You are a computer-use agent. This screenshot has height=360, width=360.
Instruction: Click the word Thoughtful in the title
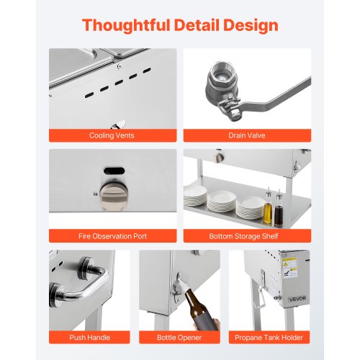126,25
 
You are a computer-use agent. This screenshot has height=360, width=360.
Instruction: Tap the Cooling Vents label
112,135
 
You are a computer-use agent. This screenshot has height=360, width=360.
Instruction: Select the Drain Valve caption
247,135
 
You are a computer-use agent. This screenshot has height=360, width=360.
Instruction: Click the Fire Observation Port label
112,236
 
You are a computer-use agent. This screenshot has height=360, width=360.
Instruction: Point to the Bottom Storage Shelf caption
243,236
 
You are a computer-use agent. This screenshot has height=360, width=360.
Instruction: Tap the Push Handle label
89,338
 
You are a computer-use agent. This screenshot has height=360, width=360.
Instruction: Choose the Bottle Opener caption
179,338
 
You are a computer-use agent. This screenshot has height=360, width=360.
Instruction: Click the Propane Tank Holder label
269,338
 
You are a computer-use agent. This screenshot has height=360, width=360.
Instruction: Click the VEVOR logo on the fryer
297,299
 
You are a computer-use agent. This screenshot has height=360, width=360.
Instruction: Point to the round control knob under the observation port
114,196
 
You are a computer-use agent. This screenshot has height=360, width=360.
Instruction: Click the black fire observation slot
114,171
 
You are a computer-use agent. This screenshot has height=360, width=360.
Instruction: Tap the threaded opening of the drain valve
222,74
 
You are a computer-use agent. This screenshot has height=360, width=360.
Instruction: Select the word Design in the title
251,26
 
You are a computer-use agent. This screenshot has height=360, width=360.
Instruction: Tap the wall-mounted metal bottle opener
178,287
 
